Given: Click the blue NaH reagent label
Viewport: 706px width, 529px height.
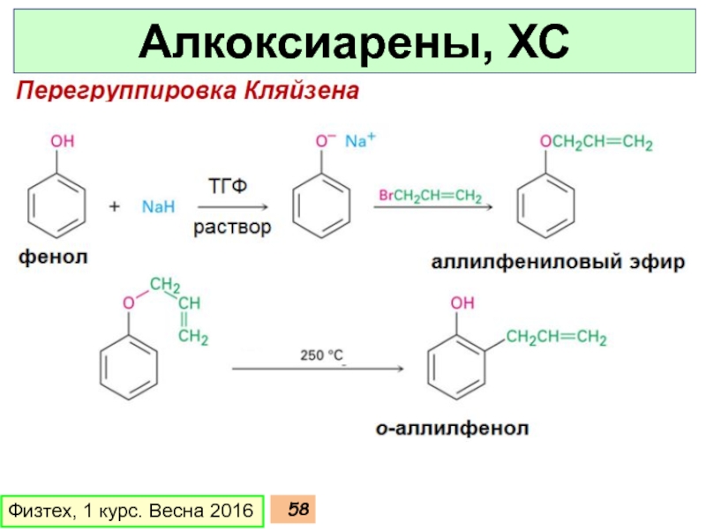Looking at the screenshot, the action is tap(159, 207).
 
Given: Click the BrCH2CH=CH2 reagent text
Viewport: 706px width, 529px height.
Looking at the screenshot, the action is tap(430, 196).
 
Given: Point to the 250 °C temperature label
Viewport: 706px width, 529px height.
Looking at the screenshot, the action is tap(321, 356).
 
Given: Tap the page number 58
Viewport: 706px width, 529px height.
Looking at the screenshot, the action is tap(298, 510).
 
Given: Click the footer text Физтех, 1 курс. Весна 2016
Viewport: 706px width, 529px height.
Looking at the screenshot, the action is tap(130, 510).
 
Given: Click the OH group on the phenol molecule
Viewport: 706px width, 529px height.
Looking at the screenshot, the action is tap(63, 141).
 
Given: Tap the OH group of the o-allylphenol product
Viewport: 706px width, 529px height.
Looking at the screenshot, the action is tap(462, 303).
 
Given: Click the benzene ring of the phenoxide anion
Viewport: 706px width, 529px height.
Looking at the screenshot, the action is tap(322, 208).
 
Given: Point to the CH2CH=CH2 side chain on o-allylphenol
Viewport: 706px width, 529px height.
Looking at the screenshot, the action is tap(556, 337).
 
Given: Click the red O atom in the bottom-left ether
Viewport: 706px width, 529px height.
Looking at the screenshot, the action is tap(128, 302).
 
